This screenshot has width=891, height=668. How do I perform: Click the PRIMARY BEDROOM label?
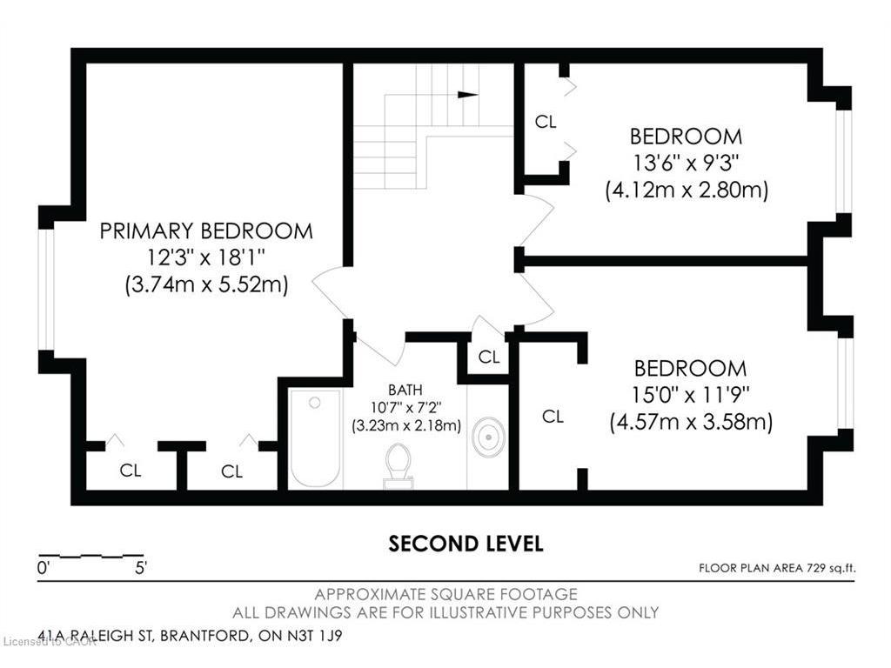(x=206, y=231)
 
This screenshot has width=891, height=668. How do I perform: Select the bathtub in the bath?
(x=315, y=438)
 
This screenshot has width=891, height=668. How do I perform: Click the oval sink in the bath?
(x=488, y=438)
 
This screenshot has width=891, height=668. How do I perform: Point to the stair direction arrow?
(x=467, y=95)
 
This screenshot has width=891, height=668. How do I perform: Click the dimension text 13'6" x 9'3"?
(x=686, y=163)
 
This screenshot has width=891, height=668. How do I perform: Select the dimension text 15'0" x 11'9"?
(x=690, y=394)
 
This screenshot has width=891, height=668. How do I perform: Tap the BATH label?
(x=405, y=391)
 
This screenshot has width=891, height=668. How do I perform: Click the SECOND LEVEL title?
(x=466, y=544)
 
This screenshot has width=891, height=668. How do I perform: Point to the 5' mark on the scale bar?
(x=141, y=567)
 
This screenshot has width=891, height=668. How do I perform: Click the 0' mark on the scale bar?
(x=43, y=567)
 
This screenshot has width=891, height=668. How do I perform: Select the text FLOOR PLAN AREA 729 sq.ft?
(x=777, y=568)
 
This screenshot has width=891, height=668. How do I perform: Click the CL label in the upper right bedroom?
(x=546, y=122)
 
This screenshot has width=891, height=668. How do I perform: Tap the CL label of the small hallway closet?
(x=489, y=357)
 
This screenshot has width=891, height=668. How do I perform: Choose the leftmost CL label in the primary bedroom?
(x=131, y=471)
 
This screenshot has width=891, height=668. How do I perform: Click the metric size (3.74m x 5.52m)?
(x=206, y=284)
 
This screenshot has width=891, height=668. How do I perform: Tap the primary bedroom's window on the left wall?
(x=45, y=289)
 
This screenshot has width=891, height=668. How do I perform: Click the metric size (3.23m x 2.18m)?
(x=406, y=424)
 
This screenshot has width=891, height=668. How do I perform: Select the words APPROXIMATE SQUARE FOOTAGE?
(x=446, y=595)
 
